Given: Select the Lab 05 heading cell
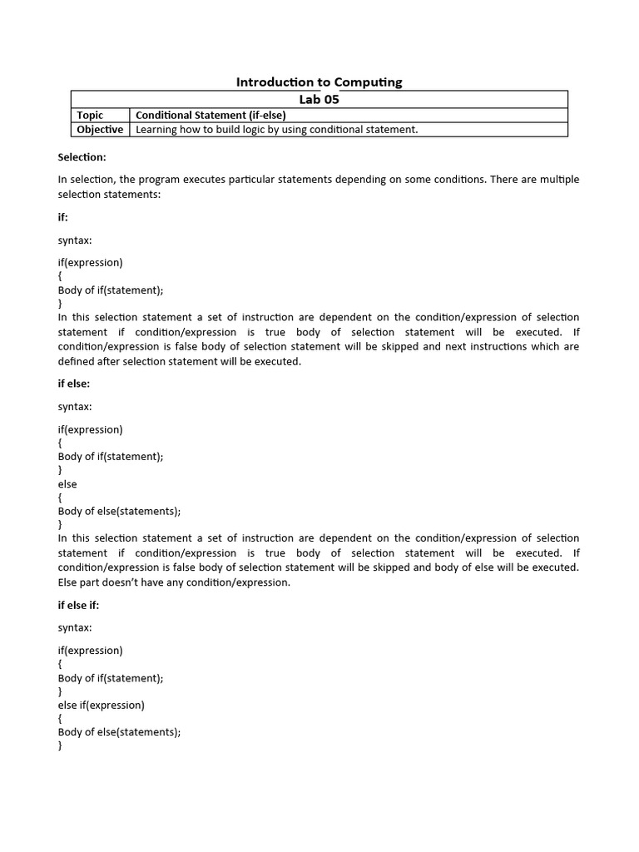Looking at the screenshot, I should tap(319, 99).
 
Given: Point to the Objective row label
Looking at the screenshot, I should tap(100, 129).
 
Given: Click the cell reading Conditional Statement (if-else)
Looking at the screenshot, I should tap(211, 115).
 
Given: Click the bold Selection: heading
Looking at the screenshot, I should tap(82, 156).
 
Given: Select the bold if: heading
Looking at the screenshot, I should tap(63, 216).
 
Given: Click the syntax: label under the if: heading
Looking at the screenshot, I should tap(75, 240).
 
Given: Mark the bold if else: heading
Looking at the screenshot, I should tap(73, 384).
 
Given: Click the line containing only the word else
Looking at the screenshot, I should tap(67, 483).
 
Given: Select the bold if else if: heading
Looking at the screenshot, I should tap(78, 605).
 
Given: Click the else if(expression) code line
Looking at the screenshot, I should tap(101, 705).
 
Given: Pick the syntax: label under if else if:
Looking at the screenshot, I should tap(75, 627).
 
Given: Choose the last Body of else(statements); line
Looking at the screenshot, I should tap(119, 732).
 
